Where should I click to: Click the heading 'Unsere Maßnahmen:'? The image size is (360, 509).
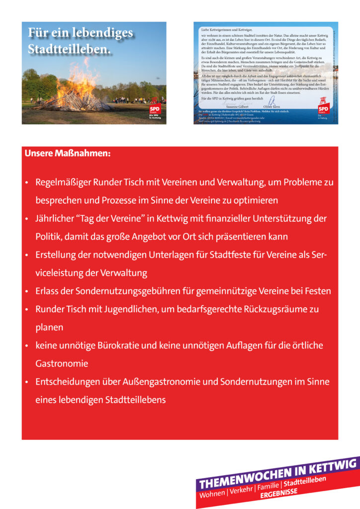coord(68,153)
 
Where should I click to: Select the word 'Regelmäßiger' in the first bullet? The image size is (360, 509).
coord(62,182)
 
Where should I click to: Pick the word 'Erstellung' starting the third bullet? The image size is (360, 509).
coord(55,255)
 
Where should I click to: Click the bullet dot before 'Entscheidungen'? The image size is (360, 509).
coord(27,382)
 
